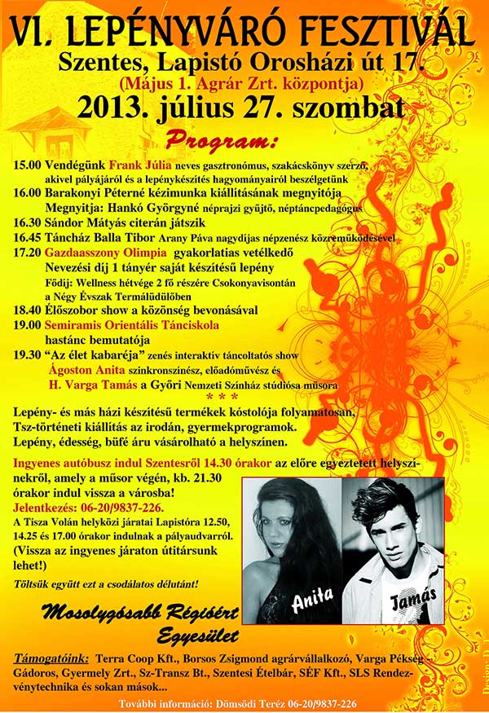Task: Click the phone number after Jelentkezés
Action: click(123, 506)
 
